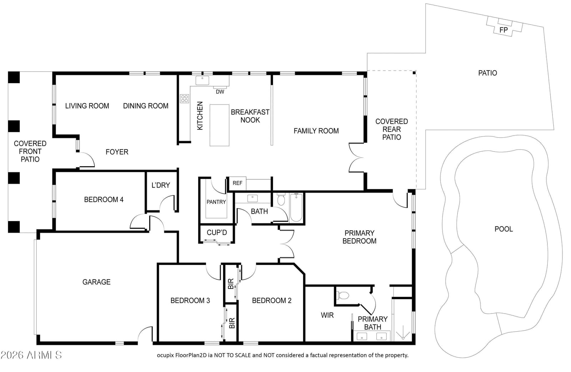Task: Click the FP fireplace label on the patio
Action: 504,30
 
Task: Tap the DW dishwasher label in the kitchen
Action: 220,92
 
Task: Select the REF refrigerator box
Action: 237,183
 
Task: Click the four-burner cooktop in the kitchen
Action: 185,98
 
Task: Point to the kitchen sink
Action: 202,81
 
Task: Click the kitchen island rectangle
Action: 219,125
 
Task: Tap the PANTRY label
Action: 216,202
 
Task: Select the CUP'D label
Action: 217,233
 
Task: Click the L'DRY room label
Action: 161,185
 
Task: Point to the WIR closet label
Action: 327,315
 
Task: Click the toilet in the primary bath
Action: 343,296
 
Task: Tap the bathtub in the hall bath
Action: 296,208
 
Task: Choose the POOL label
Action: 504,229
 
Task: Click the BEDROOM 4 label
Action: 104,199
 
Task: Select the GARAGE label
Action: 96,282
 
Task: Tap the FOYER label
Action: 117,152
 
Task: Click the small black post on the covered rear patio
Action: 414,73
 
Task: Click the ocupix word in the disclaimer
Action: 165,355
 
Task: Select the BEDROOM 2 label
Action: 272,301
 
